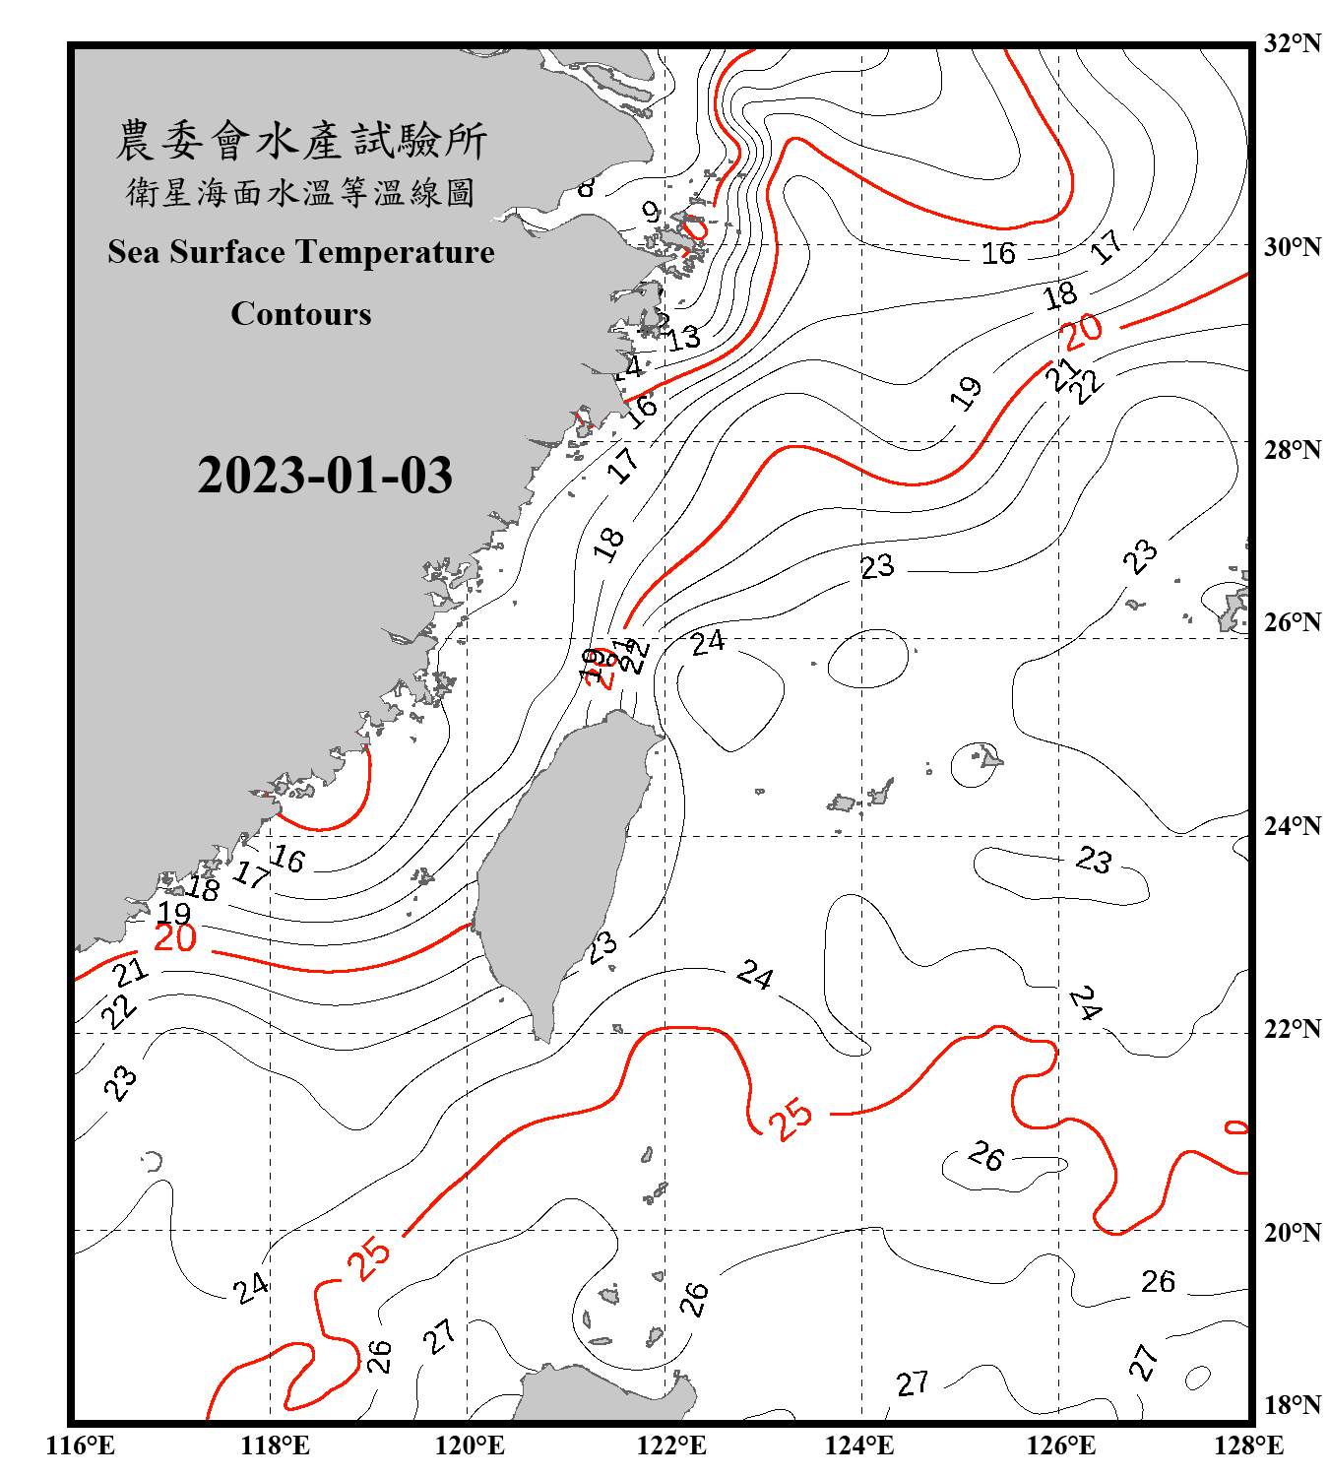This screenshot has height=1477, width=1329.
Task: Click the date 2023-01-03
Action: pos(325,476)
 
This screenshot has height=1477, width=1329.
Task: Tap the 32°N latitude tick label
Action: pos(1292,43)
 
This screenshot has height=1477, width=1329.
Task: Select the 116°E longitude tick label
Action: pos(81,1445)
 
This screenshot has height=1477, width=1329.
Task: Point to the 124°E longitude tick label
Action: pos(859,1445)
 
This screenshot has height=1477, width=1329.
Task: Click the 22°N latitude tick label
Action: pos(1292,1029)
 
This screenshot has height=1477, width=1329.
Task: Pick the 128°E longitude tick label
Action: pos(1248,1445)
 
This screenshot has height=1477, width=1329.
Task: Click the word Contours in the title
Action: pos(301,314)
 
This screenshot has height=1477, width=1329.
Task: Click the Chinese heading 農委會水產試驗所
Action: pos(301,141)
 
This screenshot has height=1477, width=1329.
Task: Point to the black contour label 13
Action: pos(683,338)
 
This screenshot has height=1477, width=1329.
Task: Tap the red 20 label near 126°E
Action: pos(1081,331)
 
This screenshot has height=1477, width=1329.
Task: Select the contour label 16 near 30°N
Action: pos(998,254)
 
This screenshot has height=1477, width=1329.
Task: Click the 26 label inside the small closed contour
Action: pos(986,1156)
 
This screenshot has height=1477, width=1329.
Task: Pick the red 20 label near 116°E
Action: pos(175,938)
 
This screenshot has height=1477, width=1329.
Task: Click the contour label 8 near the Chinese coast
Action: pos(587,186)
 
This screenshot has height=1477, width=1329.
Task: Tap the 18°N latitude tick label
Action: pos(1292,1405)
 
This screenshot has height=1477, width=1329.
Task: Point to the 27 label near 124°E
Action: pos(913,1383)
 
